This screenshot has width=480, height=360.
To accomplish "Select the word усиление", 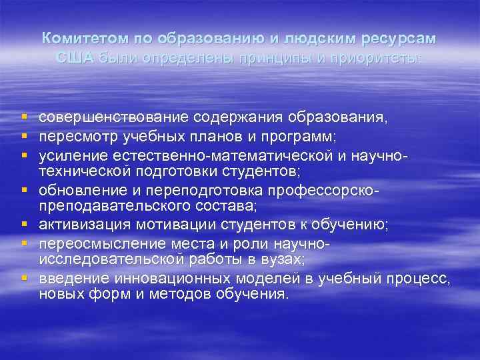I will click(67, 155).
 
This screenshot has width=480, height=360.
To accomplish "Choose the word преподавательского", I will click(106, 206).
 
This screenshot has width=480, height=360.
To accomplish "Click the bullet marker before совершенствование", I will click(23, 118).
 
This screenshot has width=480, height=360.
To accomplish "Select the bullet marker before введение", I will click(23, 277).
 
